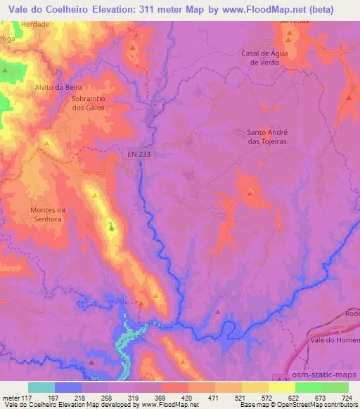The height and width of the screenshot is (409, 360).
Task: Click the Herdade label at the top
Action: coord(36,24)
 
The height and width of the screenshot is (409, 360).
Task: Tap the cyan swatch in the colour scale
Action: coord(41,387)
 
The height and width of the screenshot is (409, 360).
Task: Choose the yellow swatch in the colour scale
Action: coord(282,387)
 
